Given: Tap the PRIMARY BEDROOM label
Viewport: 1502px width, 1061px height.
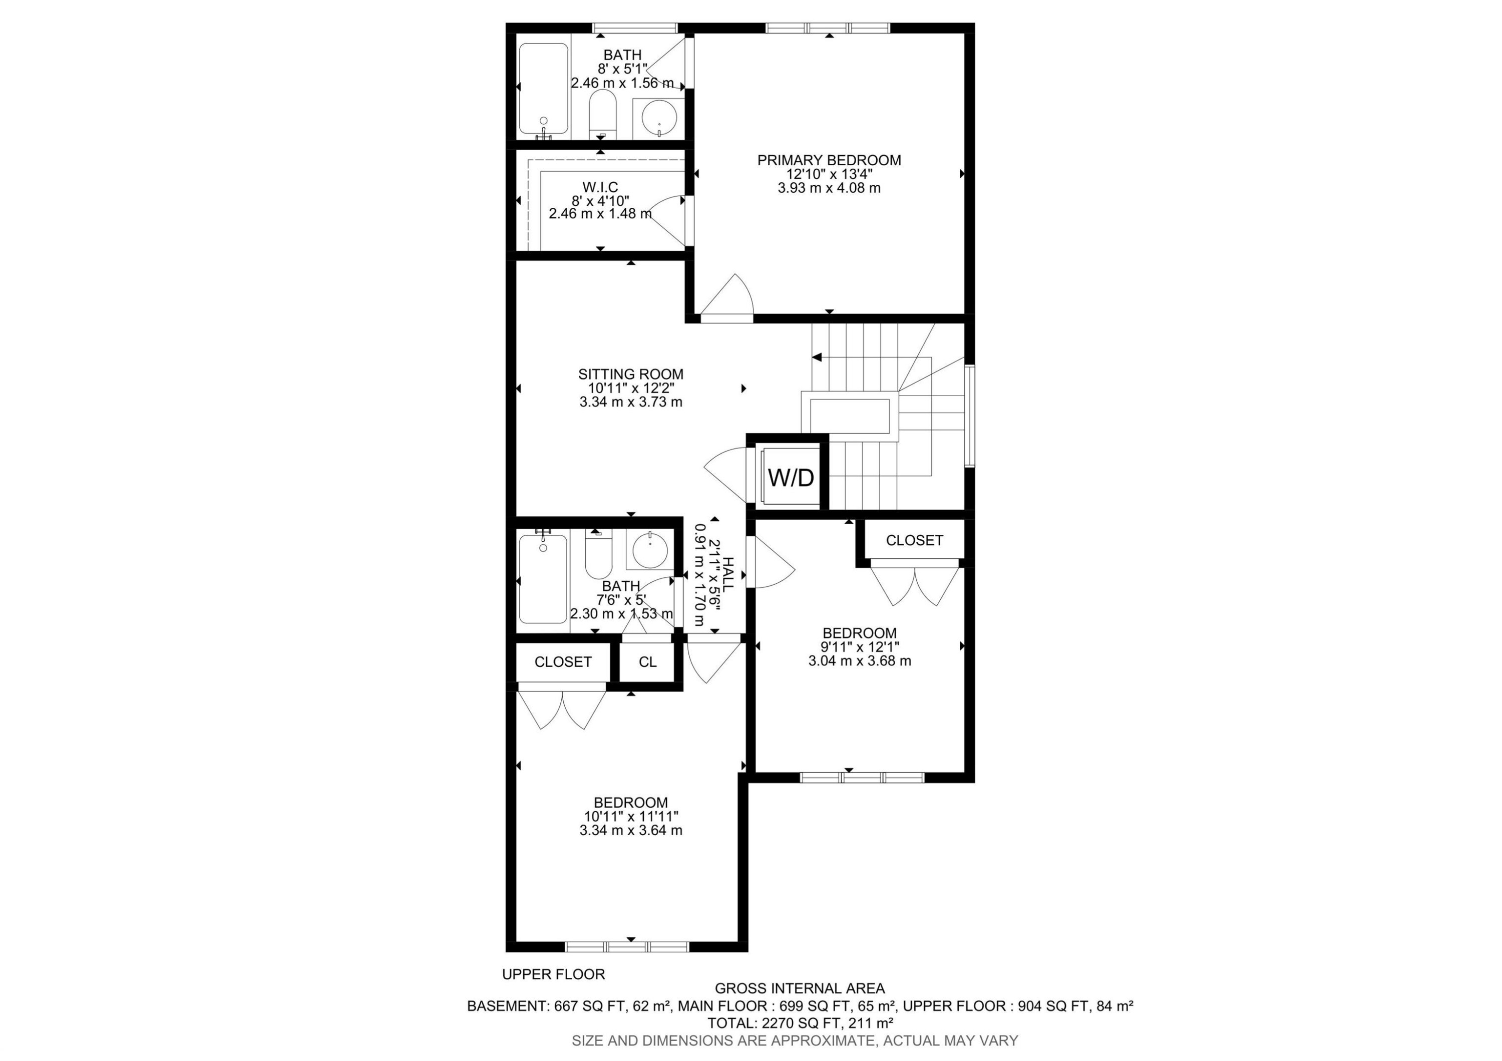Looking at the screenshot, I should coord(829,160).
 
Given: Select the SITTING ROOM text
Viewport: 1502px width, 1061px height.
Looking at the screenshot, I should coord(631,374).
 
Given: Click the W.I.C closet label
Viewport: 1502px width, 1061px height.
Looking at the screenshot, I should coord(600,188).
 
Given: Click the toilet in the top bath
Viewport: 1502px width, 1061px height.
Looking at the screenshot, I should coord(602,115).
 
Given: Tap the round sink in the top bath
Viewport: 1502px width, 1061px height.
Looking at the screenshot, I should coord(659,119).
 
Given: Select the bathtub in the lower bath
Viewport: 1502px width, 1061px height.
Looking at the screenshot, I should coord(543,579).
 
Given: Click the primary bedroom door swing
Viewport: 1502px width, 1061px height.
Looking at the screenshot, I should coord(729,297).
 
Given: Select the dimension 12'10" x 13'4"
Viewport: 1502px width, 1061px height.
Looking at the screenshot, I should coord(829,175).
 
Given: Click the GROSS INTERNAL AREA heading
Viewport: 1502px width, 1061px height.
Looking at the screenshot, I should coord(800,988).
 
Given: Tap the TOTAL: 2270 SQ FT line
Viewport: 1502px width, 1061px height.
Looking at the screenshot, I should coord(800,1023).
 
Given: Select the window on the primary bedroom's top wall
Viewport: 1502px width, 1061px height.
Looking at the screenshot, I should coord(828,28).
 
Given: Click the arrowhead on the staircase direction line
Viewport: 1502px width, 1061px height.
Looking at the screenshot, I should coord(817,358).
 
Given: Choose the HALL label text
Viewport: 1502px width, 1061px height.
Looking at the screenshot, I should coord(727,574).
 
